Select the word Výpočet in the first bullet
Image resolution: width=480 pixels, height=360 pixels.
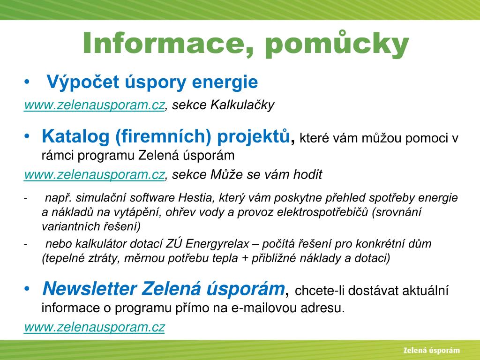pos(82,82)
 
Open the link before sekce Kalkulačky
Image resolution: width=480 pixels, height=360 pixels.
pos(94,105)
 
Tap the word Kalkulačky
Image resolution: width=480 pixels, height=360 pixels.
pos(242,105)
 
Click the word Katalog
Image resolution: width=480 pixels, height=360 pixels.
pos(75,136)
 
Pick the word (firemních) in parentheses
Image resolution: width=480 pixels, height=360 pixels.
pos(163,136)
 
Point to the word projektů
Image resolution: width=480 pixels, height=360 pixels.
pos(254,136)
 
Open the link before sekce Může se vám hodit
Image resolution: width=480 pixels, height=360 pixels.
pos(94,175)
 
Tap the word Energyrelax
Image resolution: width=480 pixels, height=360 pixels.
pos(217,244)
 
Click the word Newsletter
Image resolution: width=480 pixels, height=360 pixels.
pos(90,289)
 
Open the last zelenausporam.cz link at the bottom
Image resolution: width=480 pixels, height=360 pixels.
pos(94,327)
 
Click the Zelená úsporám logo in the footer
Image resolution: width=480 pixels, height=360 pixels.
pos(432,351)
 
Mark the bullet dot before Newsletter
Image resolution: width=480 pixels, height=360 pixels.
pos(27,289)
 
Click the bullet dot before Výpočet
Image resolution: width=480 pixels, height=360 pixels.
pos(27,82)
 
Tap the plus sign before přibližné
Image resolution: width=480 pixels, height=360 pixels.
pos(245,259)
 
